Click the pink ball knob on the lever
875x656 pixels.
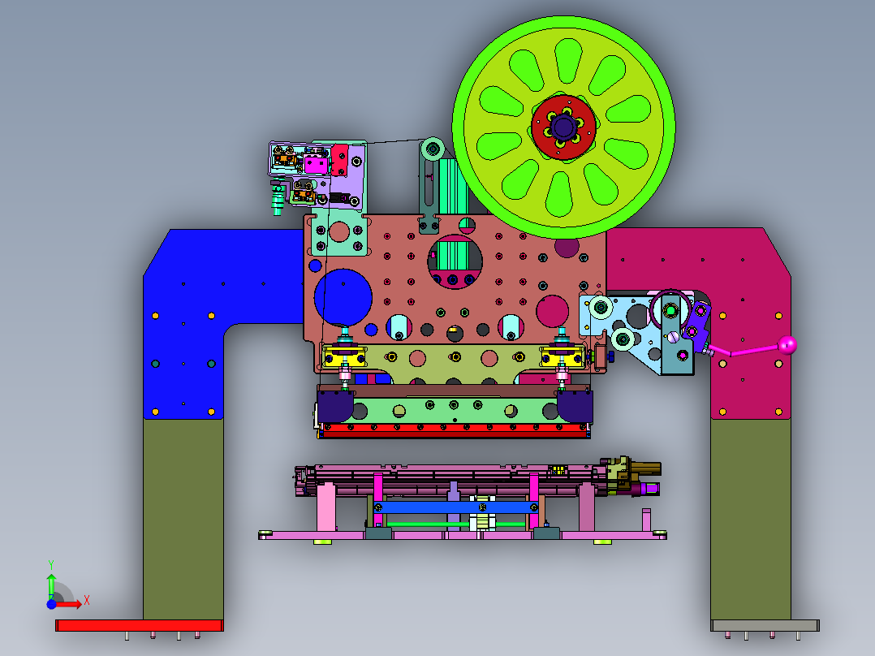tap(787, 345)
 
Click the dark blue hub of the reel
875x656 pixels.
tap(562, 127)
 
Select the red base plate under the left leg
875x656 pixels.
tap(140, 625)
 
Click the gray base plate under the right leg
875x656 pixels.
tap(765, 625)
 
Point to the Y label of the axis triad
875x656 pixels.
tap(51, 565)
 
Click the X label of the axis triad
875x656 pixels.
tap(87, 601)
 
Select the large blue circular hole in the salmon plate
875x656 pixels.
tap(343, 298)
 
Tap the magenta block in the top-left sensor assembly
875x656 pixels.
tap(316, 166)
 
